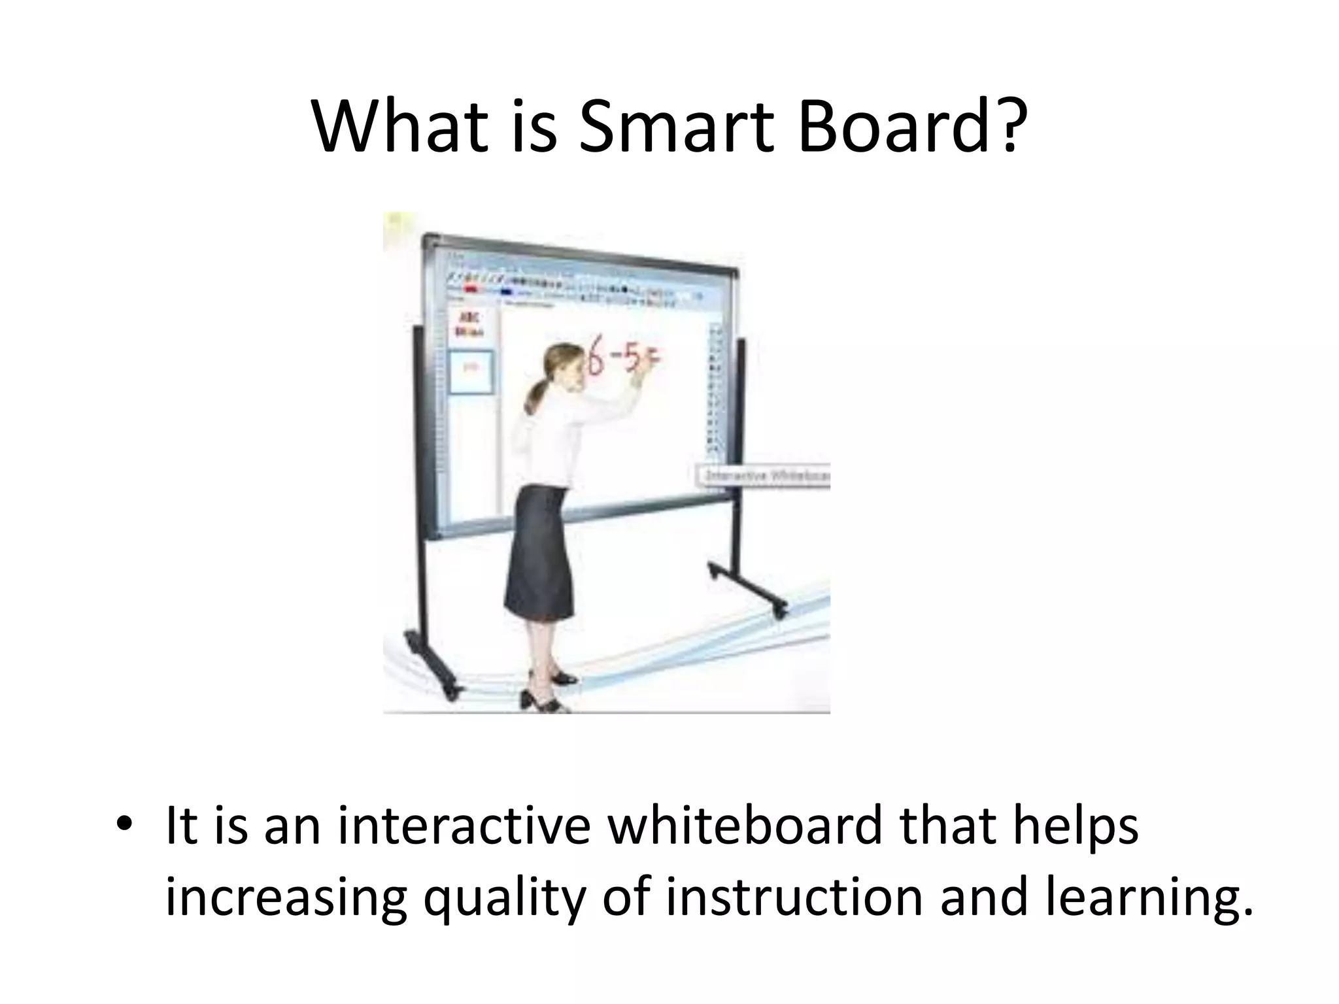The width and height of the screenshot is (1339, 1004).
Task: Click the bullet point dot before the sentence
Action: coord(122,825)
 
